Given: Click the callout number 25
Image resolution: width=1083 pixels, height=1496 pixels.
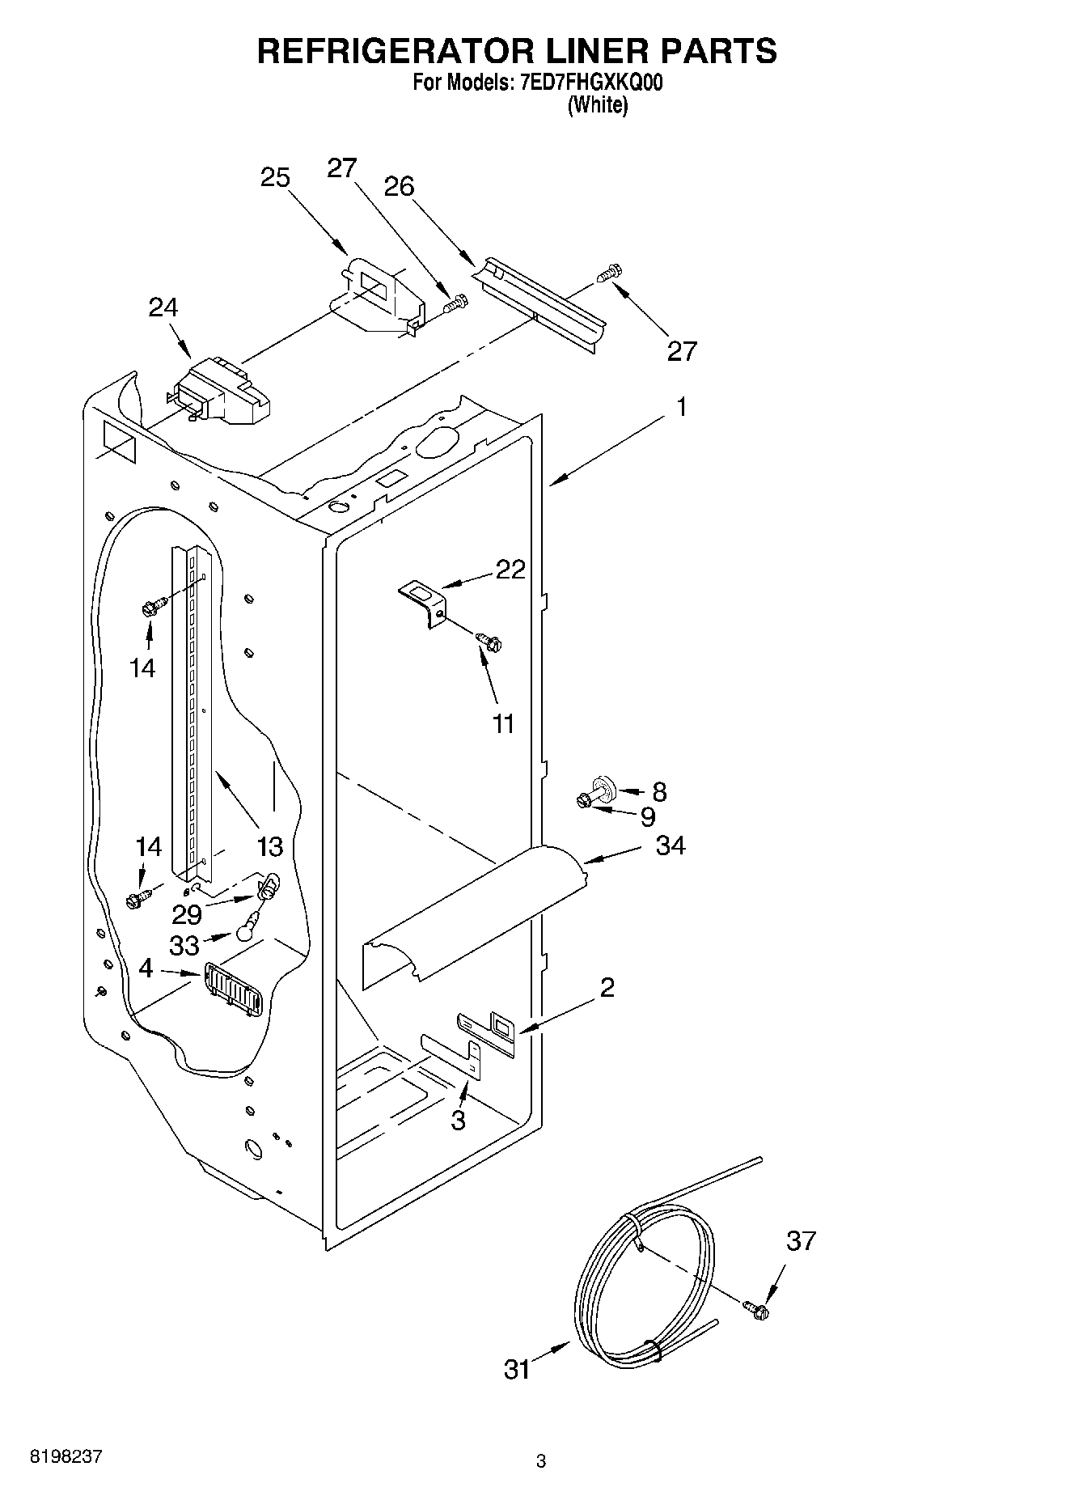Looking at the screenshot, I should click(x=276, y=177).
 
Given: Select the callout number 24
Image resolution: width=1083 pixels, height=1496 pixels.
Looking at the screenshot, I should click(x=163, y=307).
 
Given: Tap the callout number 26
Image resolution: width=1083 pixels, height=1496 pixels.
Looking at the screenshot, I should click(x=399, y=187).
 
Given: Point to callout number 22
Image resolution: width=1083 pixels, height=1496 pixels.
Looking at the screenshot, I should click(x=510, y=570).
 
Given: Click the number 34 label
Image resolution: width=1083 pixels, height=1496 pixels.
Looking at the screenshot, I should click(x=671, y=845).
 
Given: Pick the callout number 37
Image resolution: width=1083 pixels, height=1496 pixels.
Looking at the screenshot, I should click(x=801, y=1240).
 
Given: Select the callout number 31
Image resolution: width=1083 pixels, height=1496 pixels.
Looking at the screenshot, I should click(x=517, y=1369).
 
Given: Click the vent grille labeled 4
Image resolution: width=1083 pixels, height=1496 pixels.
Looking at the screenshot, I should click(x=233, y=988).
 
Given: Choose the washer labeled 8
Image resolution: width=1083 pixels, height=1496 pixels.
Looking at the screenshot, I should click(x=602, y=785).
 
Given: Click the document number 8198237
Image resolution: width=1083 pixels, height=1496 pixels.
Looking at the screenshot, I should click(x=66, y=1456).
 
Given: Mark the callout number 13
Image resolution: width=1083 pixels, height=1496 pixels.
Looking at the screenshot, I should click(x=270, y=846).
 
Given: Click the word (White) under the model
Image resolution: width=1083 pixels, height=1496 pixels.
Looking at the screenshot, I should click(x=597, y=105).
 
